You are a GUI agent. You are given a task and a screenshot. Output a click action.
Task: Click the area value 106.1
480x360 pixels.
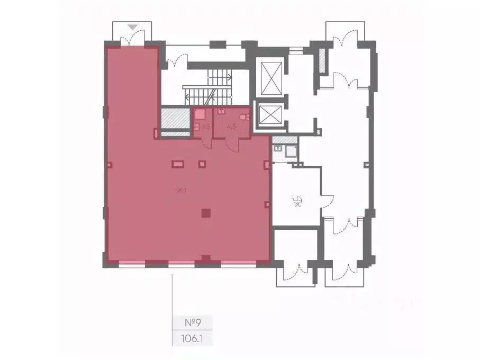click(193, 337)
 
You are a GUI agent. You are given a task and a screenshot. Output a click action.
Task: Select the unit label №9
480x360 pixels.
click(193, 322)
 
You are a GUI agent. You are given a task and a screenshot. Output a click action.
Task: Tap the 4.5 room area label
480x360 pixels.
click(231, 127)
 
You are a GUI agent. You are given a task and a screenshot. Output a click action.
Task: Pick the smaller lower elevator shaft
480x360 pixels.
click(270, 114)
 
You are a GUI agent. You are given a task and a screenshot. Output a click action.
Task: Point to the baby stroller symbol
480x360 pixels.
click(297, 201)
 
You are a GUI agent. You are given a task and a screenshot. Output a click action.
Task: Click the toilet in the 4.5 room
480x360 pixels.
click(244, 118)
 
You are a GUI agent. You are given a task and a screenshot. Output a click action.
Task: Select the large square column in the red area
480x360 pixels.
click(206, 213)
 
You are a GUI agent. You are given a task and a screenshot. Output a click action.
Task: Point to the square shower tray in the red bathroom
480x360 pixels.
click(200, 114)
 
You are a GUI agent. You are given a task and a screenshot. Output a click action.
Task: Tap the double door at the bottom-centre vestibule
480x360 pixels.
click(295, 272)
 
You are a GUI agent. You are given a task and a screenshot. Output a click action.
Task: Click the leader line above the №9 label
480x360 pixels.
click(173, 294)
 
